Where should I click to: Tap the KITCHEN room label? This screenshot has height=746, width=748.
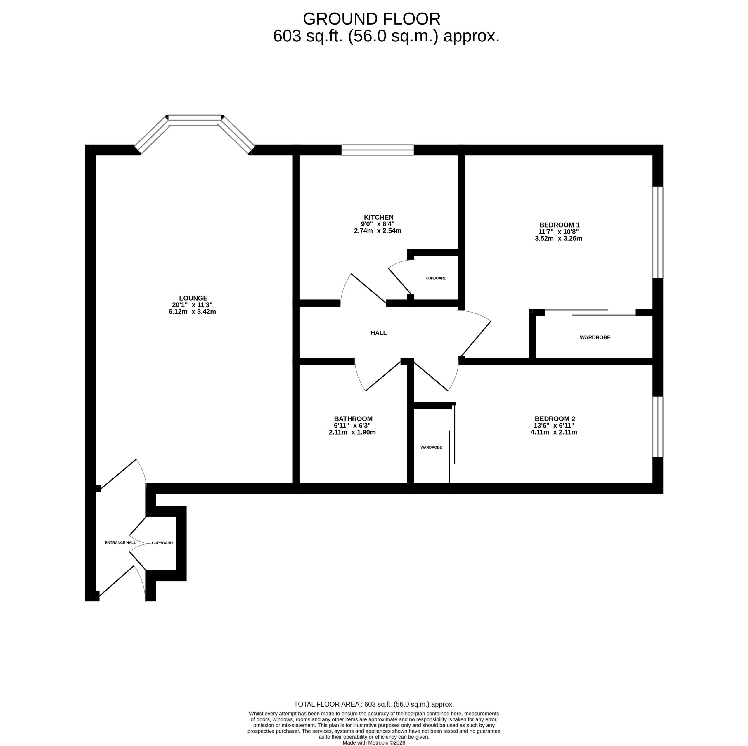(x=378, y=217)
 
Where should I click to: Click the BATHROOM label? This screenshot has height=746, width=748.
(x=353, y=419)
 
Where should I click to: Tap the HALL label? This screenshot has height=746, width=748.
(x=378, y=333)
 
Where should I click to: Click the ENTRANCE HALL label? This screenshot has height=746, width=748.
(x=120, y=543)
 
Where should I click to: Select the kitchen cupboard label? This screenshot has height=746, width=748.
(x=436, y=278)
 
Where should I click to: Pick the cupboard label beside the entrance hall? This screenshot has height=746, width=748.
(x=162, y=543)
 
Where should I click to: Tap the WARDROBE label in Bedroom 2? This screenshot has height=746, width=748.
(x=431, y=447)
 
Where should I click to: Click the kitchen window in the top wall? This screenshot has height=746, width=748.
(x=377, y=150)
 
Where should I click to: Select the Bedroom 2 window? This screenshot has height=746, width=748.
(x=657, y=427)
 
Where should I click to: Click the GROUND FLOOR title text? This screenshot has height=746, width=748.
(x=371, y=19)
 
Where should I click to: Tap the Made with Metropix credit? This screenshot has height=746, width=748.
(x=374, y=743)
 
